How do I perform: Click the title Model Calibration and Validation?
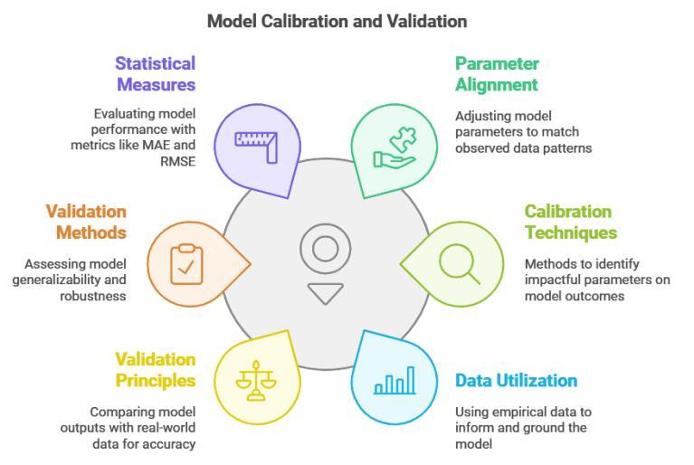tap(337, 20)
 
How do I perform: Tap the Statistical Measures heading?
tap(154, 74)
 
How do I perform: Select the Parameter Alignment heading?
tap(497, 74)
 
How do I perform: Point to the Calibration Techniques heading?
tap(570, 222)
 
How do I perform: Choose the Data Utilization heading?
tap(516, 380)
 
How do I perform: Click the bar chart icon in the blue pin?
tap(395, 380)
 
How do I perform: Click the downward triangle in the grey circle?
tap(325, 293)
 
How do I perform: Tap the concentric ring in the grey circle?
tap(325, 248)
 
